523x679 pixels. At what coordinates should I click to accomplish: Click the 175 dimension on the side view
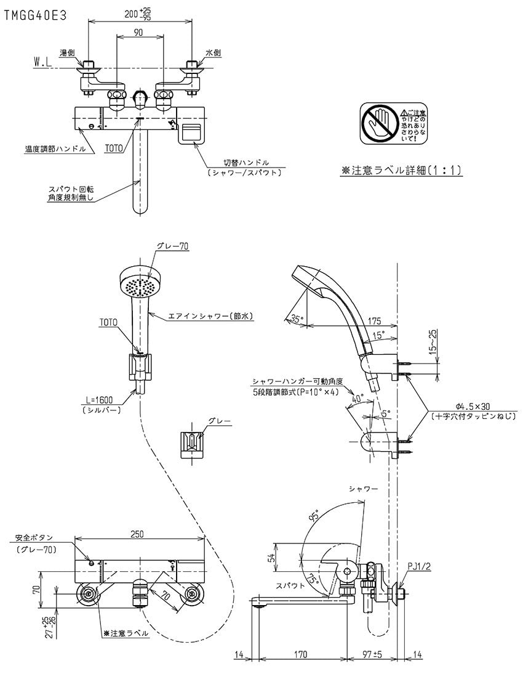pos(375,320)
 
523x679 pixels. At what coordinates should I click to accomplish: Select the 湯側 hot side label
pos(67,54)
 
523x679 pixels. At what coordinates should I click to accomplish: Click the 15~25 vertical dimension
pos(433,343)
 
